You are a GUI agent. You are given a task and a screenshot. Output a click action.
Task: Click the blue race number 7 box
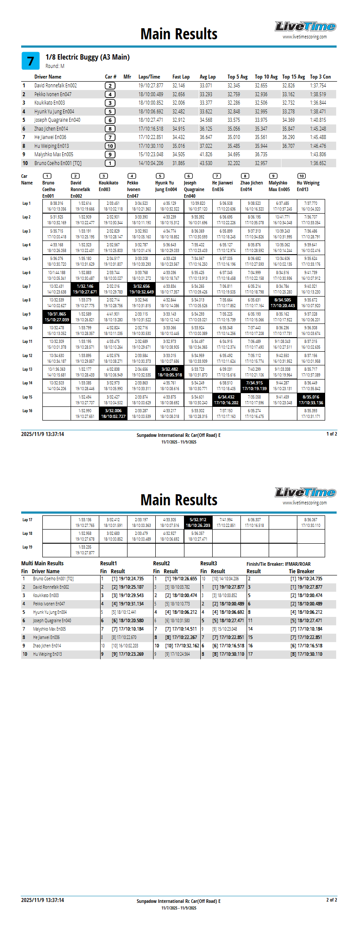[30, 61]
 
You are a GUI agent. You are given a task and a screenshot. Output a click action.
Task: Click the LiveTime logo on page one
[305, 27]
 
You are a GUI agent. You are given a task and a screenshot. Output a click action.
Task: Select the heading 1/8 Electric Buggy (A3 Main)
[87, 57]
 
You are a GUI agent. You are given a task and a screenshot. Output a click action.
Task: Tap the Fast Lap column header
[181, 77]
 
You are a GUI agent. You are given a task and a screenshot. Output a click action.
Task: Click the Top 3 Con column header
[320, 77]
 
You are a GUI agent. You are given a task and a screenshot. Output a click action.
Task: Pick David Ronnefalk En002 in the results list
[56, 86]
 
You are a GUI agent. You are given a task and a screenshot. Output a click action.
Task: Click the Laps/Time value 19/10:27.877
[150, 86]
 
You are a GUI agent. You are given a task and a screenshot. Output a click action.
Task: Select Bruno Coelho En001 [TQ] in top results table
[58, 163]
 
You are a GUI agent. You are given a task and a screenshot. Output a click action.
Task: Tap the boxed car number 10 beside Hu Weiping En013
[110, 146]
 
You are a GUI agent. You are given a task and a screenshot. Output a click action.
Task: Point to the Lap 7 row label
[26, 286]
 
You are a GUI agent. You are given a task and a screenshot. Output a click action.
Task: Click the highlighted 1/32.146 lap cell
[85, 289]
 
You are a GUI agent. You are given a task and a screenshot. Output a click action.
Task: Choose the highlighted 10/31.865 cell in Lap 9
[56, 317]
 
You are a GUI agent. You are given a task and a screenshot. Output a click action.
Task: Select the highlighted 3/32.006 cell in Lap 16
[113, 413]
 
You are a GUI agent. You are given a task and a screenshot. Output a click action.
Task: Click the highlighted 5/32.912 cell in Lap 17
[198, 522]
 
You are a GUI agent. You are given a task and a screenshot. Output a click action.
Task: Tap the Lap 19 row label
[27, 547]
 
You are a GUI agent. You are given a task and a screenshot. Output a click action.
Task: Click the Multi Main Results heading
[42, 564]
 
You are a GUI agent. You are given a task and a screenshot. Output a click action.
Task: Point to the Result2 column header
[161, 564]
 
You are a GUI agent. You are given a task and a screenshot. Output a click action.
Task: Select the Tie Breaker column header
[301, 571]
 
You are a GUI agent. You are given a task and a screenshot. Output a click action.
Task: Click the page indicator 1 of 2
[331, 434]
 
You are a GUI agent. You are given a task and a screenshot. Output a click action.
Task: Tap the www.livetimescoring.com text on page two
[304, 503]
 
